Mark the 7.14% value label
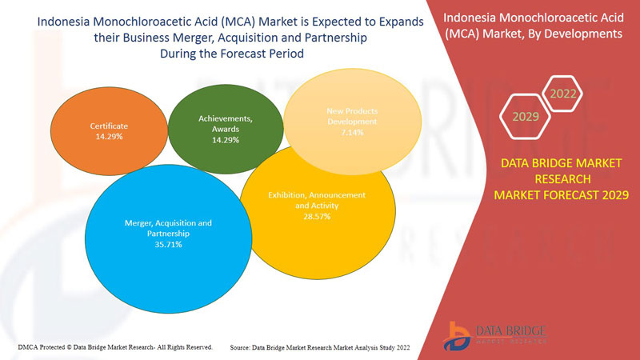click(x=352, y=133)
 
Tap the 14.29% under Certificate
click(x=109, y=137)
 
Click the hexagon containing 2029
click(x=526, y=117)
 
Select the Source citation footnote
click(x=319, y=347)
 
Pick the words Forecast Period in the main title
click(x=265, y=53)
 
